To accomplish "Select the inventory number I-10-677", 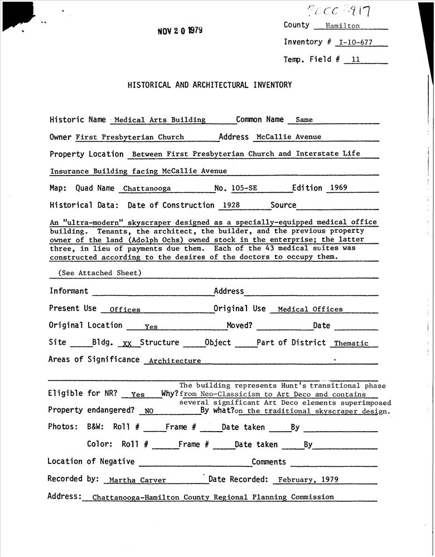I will [356, 43].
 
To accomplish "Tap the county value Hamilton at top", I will [342, 26].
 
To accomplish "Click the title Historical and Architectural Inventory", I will [210, 85].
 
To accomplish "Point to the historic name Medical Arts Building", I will [160, 120].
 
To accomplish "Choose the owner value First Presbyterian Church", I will [130, 137].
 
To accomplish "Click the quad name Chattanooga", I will [147, 189].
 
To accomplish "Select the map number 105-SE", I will [244, 188].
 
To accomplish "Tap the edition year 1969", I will [339, 188].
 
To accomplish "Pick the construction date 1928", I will [231, 206].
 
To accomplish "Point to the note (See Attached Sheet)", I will [100, 273].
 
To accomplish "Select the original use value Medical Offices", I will [310, 309].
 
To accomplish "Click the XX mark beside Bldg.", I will [127, 344].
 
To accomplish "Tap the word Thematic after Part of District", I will [351, 344].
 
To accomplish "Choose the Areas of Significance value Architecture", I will [175, 361].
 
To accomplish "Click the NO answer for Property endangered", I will [148, 412].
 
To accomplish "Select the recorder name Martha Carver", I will [137, 480].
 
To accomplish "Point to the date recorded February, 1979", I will [308, 480].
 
